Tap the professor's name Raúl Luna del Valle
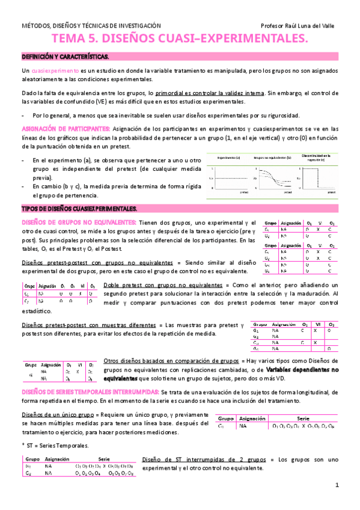point(301,26)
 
